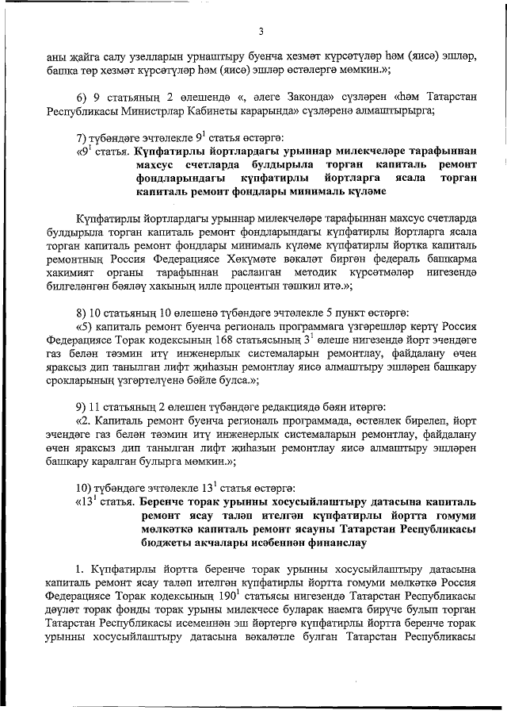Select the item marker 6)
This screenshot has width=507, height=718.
tap(82, 96)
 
